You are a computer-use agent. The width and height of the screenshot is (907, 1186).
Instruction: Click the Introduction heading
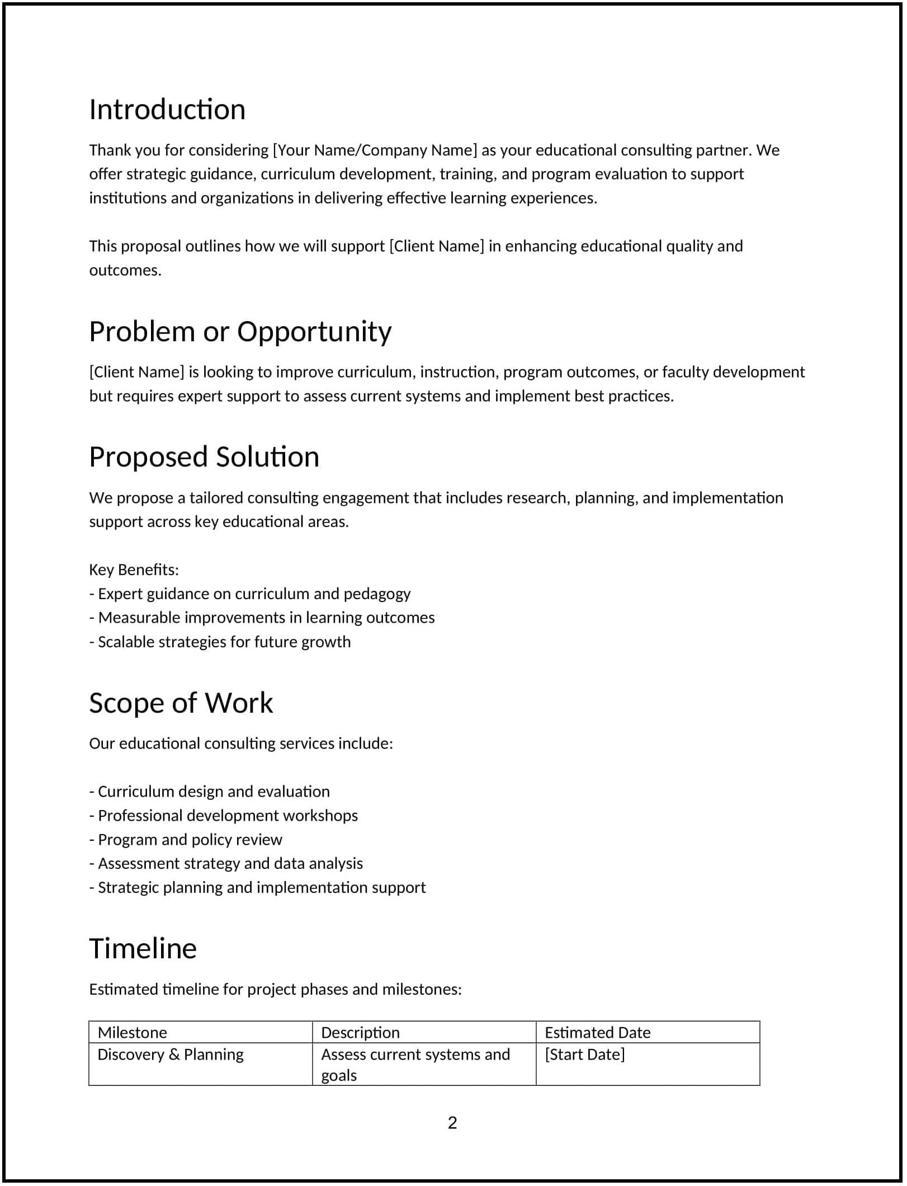pos(167,110)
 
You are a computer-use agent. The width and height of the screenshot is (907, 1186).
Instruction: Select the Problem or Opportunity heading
pos(240,331)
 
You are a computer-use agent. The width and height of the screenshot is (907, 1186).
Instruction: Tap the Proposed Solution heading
pos(204,456)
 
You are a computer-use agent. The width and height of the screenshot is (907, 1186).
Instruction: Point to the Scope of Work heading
pos(181,703)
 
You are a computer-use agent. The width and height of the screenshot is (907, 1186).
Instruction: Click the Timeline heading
pos(143,949)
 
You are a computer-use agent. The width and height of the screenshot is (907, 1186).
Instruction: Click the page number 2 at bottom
pos(452,1123)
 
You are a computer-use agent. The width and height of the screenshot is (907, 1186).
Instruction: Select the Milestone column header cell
pos(133,1032)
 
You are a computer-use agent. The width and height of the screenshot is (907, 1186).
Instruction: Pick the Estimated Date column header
pos(597,1032)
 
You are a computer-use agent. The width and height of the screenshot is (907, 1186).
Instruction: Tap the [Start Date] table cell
pos(584,1055)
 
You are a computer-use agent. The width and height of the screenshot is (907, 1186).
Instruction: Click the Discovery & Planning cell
pos(171,1055)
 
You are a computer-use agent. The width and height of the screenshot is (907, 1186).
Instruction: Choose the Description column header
pos(360,1032)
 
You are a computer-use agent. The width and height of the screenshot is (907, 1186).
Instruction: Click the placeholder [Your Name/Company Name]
pos(375,150)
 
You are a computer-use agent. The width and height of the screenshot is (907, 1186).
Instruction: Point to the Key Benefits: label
pos(134,570)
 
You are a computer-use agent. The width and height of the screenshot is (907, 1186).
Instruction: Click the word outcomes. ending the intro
pos(125,270)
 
